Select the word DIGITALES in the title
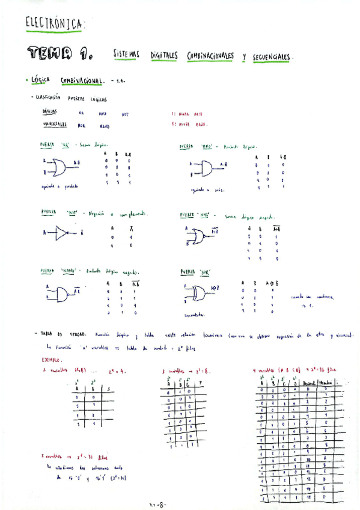point(161,55)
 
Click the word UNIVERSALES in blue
point(55,124)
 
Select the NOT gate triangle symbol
point(63,233)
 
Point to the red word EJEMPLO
point(51,360)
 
